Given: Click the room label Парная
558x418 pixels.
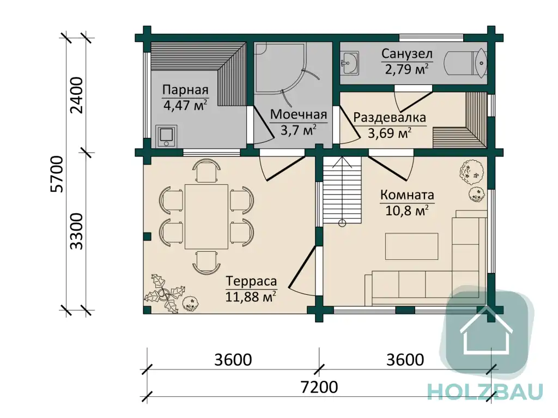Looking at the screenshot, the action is pyautogui.click(x=185, y=90).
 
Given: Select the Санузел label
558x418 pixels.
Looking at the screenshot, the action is pyautogui.click(x=407, y=54).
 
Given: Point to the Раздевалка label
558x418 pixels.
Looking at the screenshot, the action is pyautogui.click(x=389, y=117).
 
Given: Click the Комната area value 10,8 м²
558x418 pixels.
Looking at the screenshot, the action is pyautogui.click(x=407, y=210).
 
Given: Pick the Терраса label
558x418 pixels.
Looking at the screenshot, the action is pyautogui.click(x=251, y=281).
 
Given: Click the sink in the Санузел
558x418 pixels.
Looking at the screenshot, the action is pyautogui.click(x=349, y=63).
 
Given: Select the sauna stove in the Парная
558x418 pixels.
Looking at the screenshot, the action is pyautogui.click(x=166, y=136).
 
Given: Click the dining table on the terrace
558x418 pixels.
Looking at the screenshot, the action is pyautogui.click(x=207, y=216).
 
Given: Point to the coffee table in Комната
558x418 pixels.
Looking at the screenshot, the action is pyautogui.click(x=411, y=246).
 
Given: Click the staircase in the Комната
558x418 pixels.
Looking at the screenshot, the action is pyautogui.click(x=341, y=191).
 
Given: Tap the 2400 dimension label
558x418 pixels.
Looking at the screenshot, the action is pyautogui.click(x=77, y=95).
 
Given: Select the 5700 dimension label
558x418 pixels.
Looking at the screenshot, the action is pyautogui.click(x=57, y=174).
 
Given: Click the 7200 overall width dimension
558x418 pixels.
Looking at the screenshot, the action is pyautogui.click(x=319, y=387).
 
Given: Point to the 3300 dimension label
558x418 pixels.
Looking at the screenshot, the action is pyautogui.click(x=76, y=232).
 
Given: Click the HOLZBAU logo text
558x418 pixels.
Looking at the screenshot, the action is pyautogui.click(x=485, y=391).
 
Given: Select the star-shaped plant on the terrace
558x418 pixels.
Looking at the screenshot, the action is pyautogui.click(x=164, y=294).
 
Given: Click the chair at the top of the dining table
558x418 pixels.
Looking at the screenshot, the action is pyautogui.click(x=207, y=171).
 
